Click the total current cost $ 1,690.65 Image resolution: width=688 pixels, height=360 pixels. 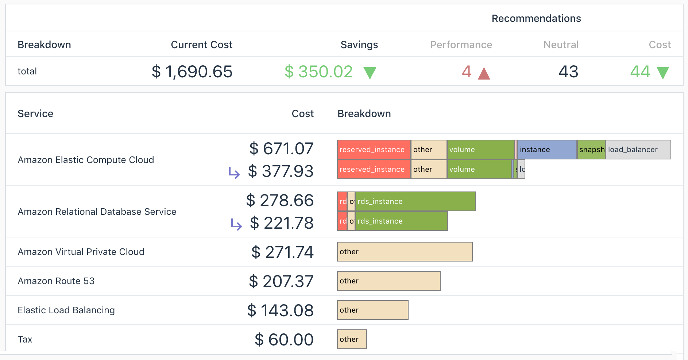tap(192, 71)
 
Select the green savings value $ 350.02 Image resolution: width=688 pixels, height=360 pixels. tap(318, 71)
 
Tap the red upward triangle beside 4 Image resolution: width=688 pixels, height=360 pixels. tap(484, 73)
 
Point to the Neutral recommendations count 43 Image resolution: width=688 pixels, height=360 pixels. tap(568, 71)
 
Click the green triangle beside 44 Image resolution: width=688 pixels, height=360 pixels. tap(662, 73)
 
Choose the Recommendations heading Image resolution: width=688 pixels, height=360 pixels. tap(536, 19)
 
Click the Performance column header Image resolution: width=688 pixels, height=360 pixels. tap(461, 45)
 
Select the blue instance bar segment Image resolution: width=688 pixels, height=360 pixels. tap(547, 150)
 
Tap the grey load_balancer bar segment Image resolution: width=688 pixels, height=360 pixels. tap(638, 150)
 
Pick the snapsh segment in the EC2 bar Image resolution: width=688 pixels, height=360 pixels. tap(591, 150)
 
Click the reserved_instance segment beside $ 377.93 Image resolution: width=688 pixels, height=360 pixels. tap(374, 169)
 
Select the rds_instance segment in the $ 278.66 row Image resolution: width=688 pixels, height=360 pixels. tap(415, 201)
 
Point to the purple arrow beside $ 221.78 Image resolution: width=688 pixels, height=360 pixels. tap(236, 224)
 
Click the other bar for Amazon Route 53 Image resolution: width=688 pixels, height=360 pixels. tap(389, 281)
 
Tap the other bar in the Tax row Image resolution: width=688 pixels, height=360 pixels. tap(352, 339)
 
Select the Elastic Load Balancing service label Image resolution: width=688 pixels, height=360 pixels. tap(66, 310)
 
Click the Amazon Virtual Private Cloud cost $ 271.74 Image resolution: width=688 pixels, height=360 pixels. tap(282, 252)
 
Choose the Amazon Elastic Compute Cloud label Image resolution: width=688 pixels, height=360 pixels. tap(86, 160)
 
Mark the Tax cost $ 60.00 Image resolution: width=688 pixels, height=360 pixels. tap(284, 340)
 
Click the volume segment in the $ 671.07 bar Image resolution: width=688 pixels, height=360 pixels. tap(480, 150)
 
